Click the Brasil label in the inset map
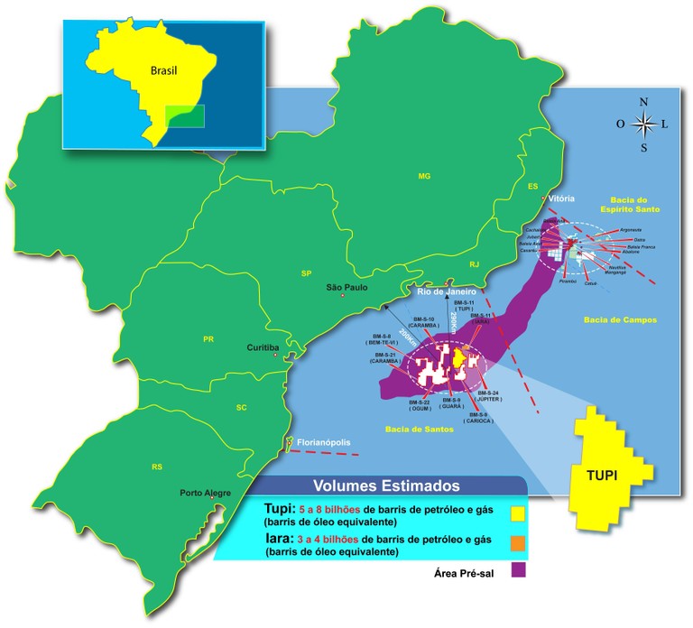pyautogui.click(x=164, y=69)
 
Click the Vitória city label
pyautogui.click(x=561, y=198)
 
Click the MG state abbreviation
pyautogui.click(x=424, y=177)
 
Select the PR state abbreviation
pyautogui.click(x=208, y=339)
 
